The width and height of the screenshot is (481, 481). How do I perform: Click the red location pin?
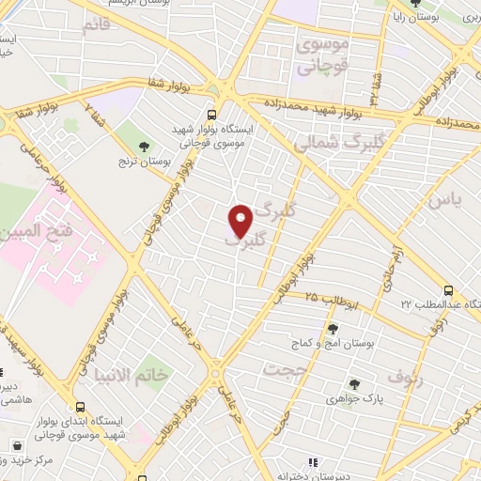click(241, 220)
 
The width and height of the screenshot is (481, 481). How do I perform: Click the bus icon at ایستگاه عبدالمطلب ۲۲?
click(448, 290)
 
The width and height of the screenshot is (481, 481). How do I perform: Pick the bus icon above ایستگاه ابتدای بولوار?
click(81, 408)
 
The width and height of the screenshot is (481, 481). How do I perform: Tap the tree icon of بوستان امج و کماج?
click(332, 328)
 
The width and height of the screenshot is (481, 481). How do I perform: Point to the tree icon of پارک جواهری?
click(354, 383)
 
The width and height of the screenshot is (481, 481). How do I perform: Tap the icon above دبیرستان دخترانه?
click(313, 461)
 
